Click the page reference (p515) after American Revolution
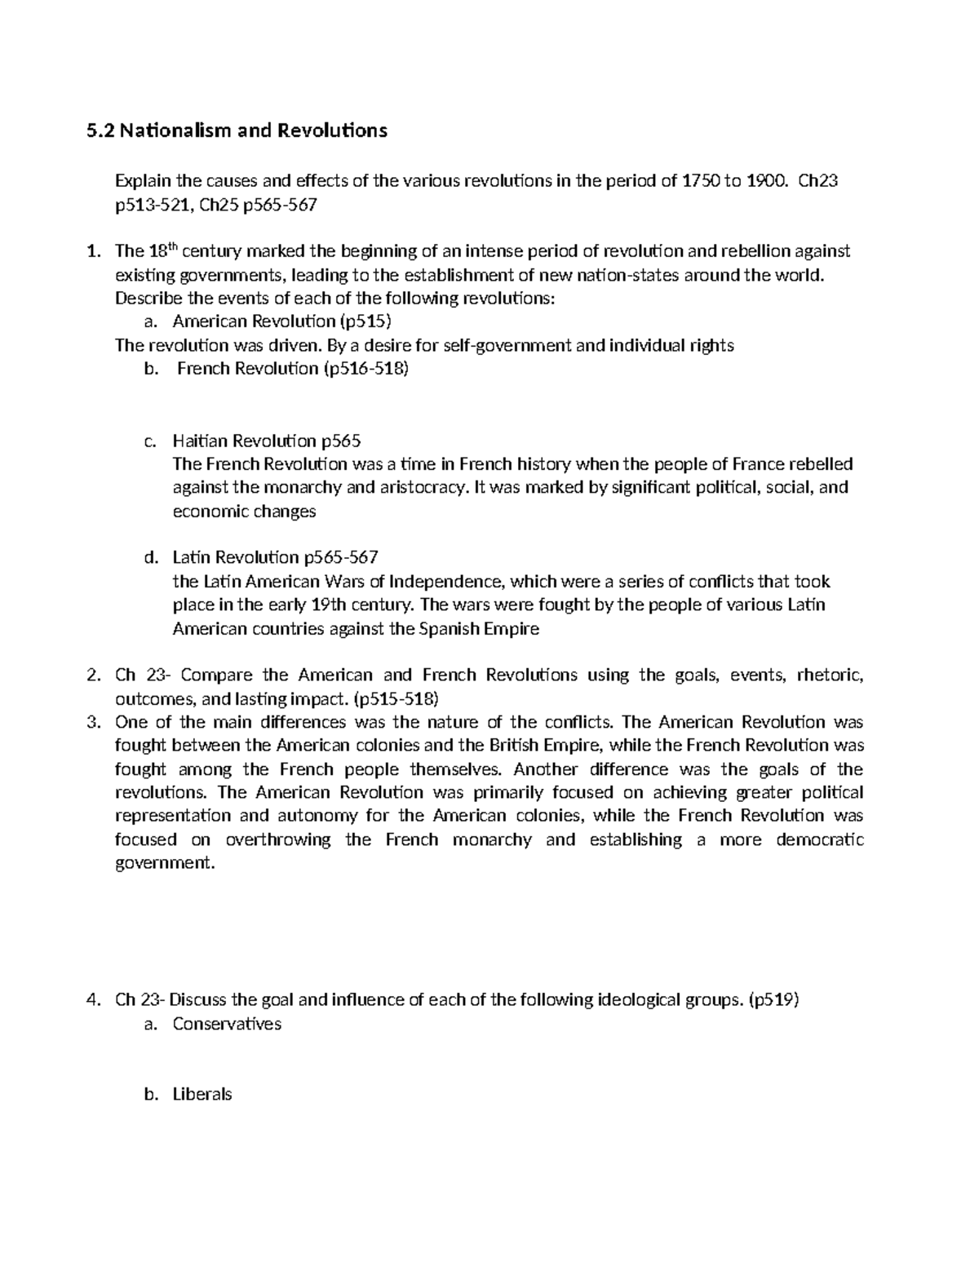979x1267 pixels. click(360, 321)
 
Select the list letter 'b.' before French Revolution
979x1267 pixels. click(149, 369)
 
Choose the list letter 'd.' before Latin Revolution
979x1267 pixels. click(149, 558)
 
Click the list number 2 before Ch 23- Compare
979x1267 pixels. click(92, 676)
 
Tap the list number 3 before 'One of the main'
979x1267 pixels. click(92, 722)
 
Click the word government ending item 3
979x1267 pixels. click(166, 863)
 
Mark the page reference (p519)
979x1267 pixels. click(773, 1000)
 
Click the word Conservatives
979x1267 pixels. click(227, 1024)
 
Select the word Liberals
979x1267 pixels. click(202, 1095)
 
